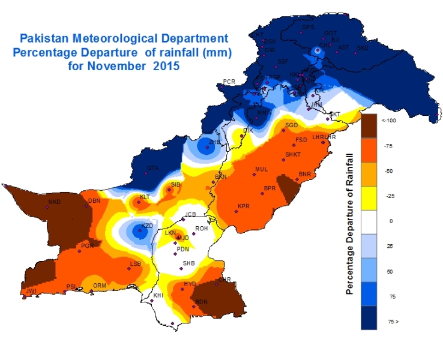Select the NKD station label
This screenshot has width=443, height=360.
[x=55, y=202]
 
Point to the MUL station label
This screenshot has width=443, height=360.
[x=261, y=169]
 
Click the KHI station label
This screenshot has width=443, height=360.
[x=158, y=295]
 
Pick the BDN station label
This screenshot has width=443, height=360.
[x=201, y=302]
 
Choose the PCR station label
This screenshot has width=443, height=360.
[x=229, y=82]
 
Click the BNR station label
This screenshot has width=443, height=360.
[x=305, y=174]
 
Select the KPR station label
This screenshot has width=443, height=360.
[x=243, y=206]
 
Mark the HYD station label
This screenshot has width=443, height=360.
[x=190, y=284]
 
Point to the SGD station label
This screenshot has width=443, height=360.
[x=292, y=125]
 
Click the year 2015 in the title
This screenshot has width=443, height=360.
[x=166, y=67]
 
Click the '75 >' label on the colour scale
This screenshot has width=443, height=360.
[x=393, y=322]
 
